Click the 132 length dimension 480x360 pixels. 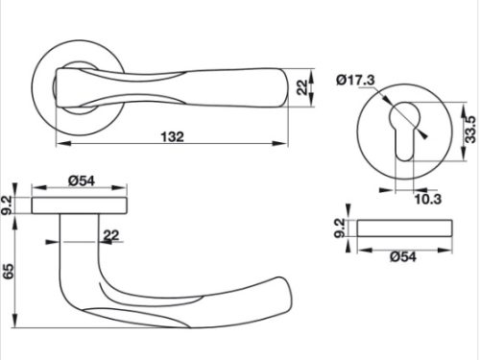173,137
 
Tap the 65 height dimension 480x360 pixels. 9,271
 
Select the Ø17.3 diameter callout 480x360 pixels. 355,80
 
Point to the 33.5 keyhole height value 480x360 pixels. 470,130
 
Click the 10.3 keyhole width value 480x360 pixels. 428,199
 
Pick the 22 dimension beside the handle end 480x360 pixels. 302,87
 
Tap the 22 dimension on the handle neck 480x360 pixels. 111,235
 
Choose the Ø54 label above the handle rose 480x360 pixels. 82,180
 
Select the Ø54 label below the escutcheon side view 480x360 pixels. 403,256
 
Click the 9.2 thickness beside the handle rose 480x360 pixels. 7,205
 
